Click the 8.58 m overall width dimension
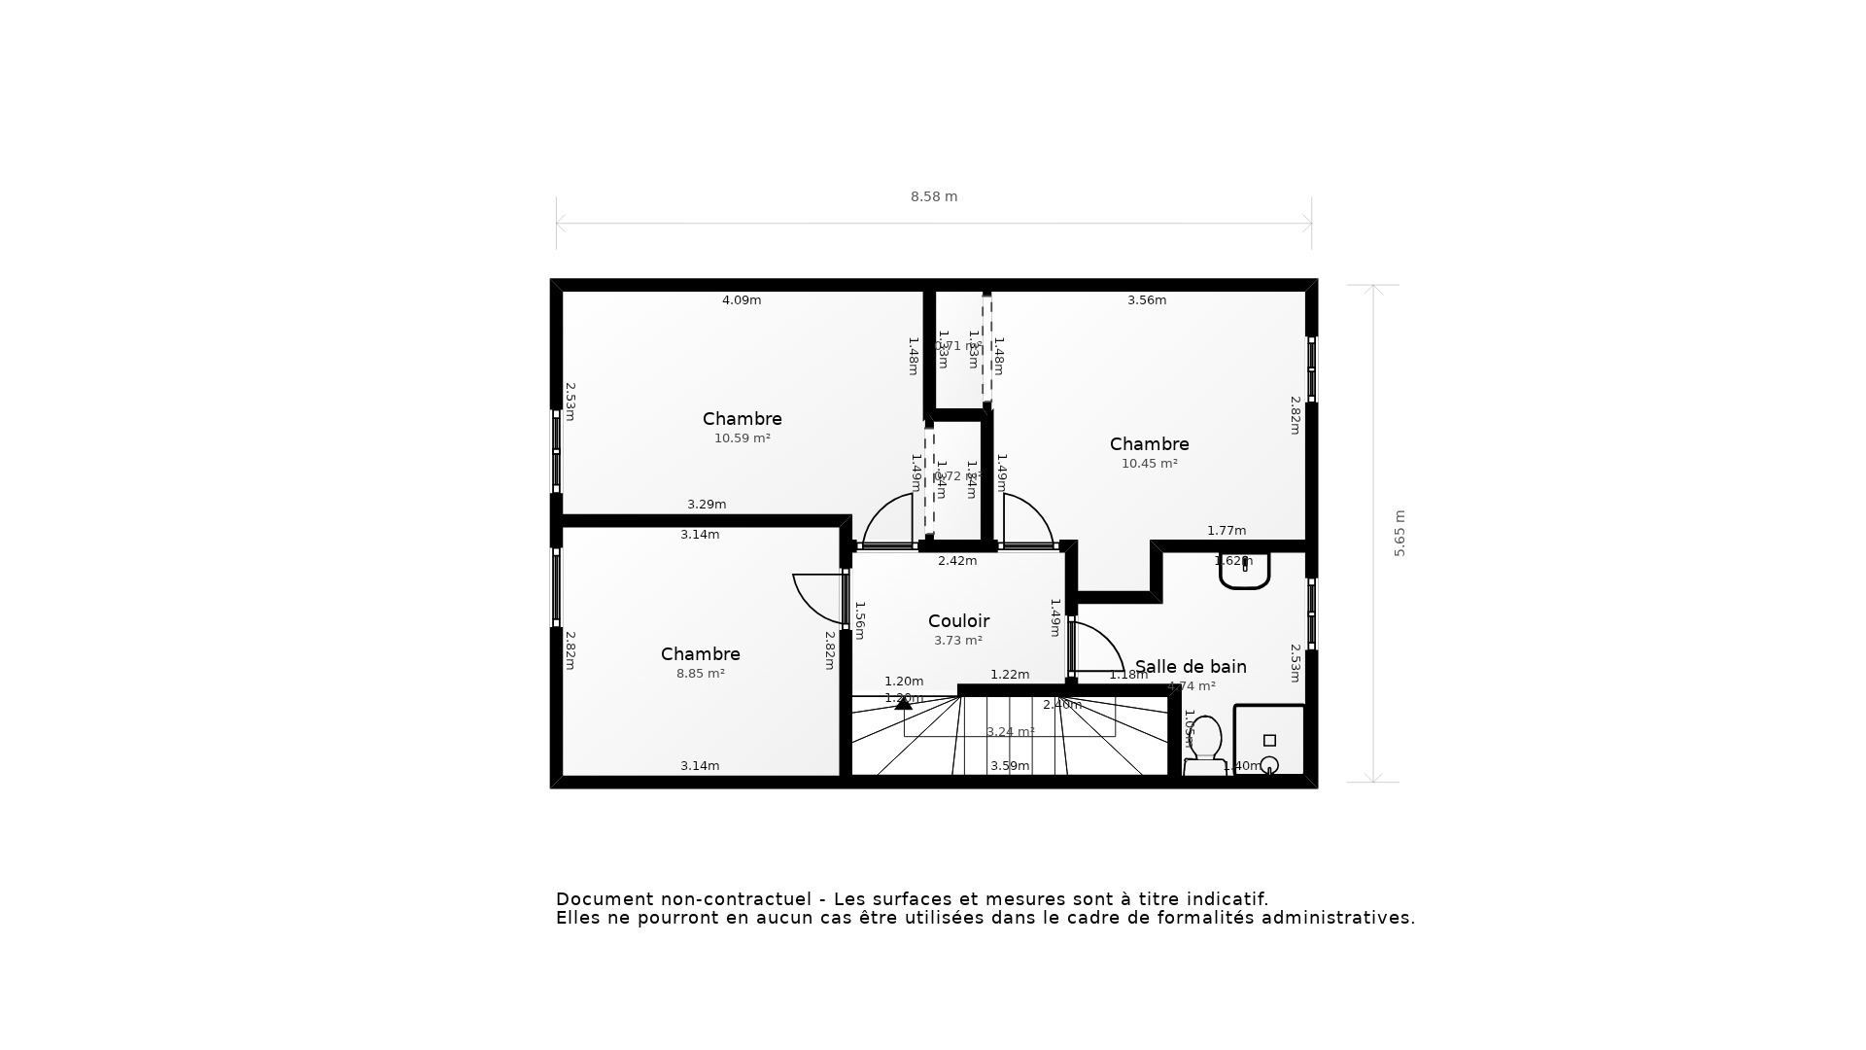[x=933, y=196]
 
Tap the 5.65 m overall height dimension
[x=1399, y=533]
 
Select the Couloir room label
[x=958, y=621]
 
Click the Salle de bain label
[x=1191, y=667]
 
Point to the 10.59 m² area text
[x=742, y=438]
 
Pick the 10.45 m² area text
[x=1149, y=464]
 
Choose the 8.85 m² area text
[x=700, y=674]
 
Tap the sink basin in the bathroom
[x=1244, y=572]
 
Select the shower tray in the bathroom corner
[x=1269, y=740]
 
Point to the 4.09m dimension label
[x=741, y=300]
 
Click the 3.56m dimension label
[x=1146, y=300]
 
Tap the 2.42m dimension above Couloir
[x=956, y=561]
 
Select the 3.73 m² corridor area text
[x=957, y=641]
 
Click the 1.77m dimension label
[x=1226, y=531]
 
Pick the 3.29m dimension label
[x=706, y=505]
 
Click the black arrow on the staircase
[x=903, y=702]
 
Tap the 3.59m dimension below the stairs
[x=1009, y=766]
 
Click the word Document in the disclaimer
[x=602, y=899]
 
